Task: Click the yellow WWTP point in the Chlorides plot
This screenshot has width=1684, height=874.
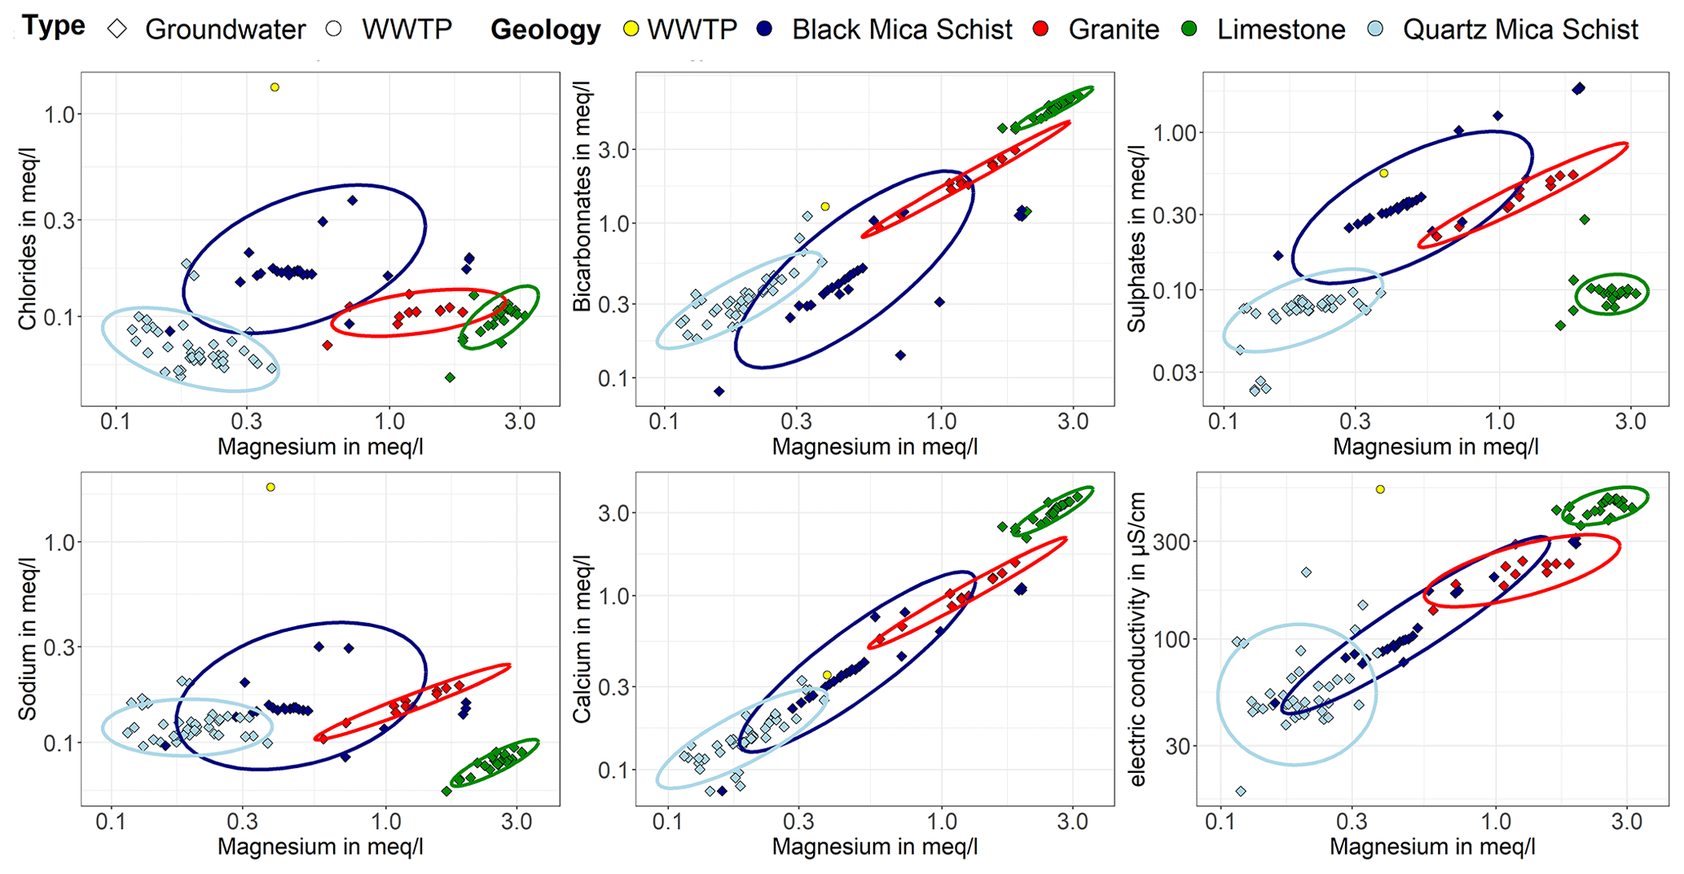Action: (x=275, y=87)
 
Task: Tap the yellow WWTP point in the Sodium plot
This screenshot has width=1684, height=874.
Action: (x=270, y=488)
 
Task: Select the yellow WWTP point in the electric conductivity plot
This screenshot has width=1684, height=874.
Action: (x=1380, y=489)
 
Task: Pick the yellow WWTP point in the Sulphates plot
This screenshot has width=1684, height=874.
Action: (x=1383, y=174)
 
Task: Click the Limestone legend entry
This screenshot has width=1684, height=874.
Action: (x=1281, y=29)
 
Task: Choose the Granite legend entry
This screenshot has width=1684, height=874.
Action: (x=1113, y=29)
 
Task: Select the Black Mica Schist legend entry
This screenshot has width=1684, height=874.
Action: (x=901, y=29)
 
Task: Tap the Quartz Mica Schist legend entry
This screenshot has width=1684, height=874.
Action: (x=1519, y=29)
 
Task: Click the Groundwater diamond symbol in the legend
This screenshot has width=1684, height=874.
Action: (x=118, y=29)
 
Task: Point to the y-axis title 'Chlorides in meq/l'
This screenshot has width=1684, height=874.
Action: (x=28, y=239)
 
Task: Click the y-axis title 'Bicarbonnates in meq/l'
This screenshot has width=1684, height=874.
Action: (x=582, y=196)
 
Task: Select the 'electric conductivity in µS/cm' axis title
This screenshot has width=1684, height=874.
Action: (x=1138, y=639)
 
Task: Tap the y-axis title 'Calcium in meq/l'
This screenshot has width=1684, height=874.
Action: (x=582, y=639)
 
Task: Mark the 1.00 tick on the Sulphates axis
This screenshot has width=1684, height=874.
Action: (x=1172, y=133)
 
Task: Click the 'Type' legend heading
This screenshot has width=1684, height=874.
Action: (x=54, y=26)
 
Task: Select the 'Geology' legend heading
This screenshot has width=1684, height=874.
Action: (x=545, y=30)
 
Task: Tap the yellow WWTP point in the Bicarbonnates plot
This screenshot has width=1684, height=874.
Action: (x=824, y=207)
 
